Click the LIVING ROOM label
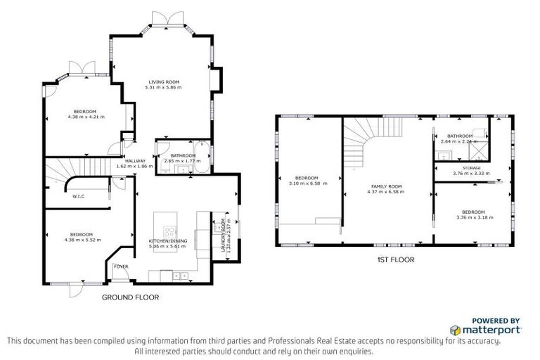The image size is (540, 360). (163, 82)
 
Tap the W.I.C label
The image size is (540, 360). (79, 196)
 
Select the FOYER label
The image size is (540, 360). (121, 266)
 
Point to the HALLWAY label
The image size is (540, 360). (134, 160)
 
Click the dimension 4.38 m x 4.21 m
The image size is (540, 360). (86, 117)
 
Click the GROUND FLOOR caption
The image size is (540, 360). (130, 297)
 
